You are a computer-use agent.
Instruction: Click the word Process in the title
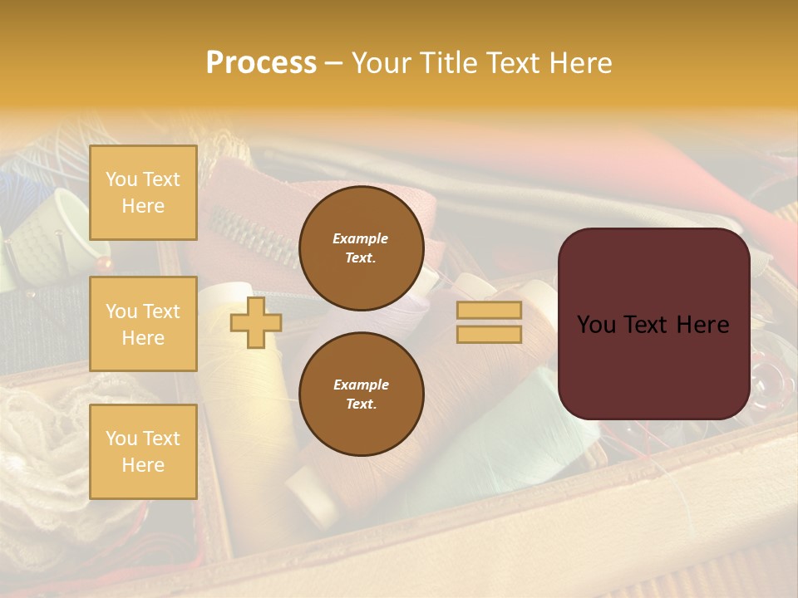point(261,62)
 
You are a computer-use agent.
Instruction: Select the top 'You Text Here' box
point(143,193)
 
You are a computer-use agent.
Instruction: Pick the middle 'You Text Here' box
point(143,324)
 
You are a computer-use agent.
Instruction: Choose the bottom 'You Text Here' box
point(143,452)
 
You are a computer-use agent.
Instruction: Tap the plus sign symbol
point(255,323)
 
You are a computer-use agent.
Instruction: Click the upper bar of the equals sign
point(489,310)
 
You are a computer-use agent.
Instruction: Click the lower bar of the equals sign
point(489,334)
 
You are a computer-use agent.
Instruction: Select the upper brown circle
point(362,248)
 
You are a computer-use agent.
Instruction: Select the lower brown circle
point(362,395)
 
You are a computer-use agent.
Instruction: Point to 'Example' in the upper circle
point(361,238)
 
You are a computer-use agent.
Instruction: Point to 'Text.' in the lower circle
point(361,404)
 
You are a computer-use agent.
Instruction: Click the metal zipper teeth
point(249,236)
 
